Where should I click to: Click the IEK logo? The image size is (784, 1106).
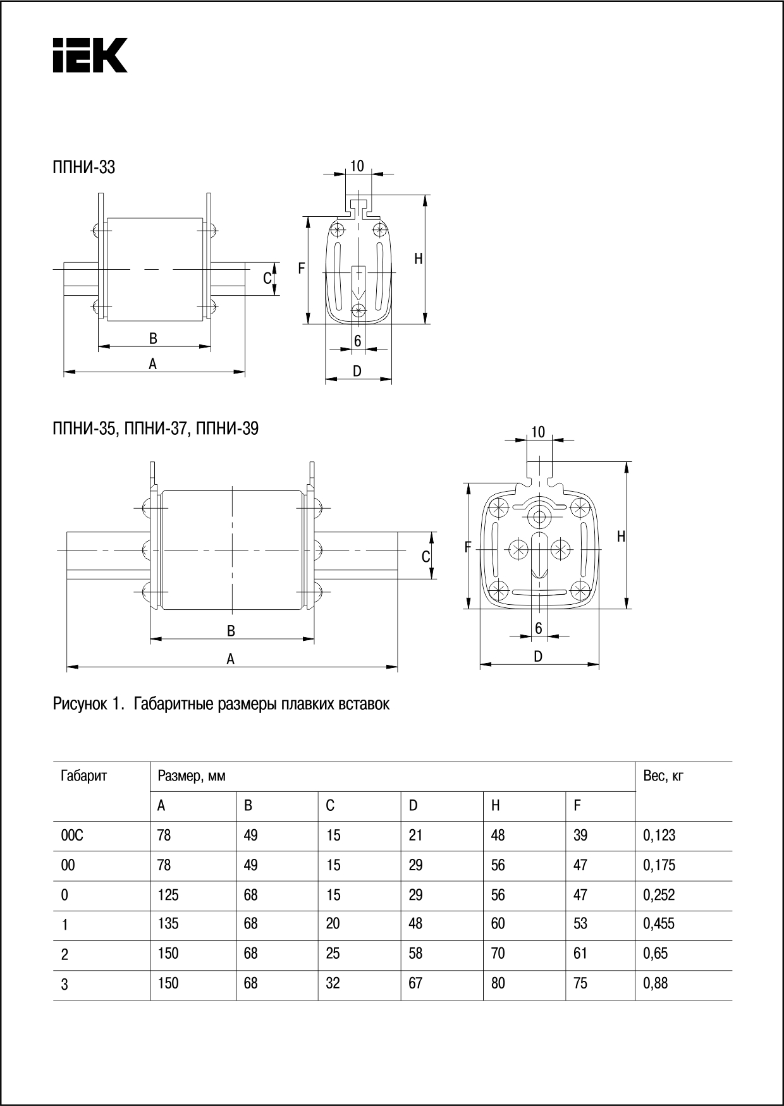pyautogui.click(x=90, y=56)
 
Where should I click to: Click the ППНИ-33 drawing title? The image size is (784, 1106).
pyautogui.click(x=83, y=167)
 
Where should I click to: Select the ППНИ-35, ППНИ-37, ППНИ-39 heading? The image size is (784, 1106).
pyautogui.click(x=156, y=428)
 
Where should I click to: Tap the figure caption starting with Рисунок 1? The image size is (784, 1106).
pyautogui.click(x=221, y=703)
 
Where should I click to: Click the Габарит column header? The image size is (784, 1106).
pyautogui.click(x=84, y=775)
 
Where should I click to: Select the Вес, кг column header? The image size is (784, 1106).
pyautogui.click(x=663, y=775)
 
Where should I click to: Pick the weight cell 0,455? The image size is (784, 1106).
pyautogui.click(x=658, y=924)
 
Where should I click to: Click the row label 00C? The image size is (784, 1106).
pyautogui.click(x=72, y=836)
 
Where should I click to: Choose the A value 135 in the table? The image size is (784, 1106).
pyautogui.click(x=168, y=924)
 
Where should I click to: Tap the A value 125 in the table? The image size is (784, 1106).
pyautogui.click(x=168, y=895)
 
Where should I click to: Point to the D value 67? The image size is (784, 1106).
pyautogui.click(x=415, y=983)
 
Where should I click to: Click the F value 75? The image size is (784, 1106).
pyautogui.click(x=580, y=983)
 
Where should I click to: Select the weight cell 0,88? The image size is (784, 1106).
pyautogui.click(x=655, y=983)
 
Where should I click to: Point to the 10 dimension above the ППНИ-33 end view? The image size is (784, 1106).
pyautogui.click(x=357, y=166)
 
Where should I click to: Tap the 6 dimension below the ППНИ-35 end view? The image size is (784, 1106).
pyautogui.click(x=539, y=628)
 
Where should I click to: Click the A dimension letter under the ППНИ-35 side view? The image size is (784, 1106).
pyautogui.click(x=231, y=659)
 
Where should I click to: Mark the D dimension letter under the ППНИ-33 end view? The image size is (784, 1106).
pyautogui.click(x=357, y=372)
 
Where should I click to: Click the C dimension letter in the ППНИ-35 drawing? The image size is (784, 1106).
pyautogui.click(x=426, y=557)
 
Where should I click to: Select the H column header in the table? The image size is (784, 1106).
pyautogui.click(x=496, y=806)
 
